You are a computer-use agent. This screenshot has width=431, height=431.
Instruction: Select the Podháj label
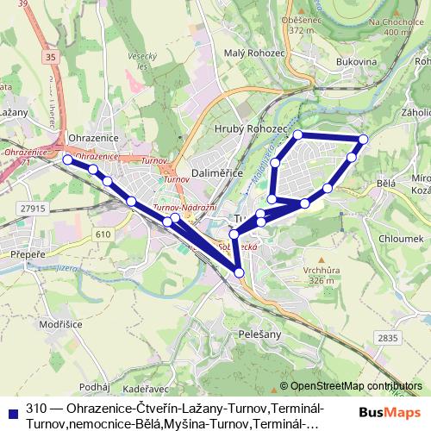(x=92, y=387)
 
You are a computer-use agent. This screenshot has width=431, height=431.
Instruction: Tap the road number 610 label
(x=103, y=234)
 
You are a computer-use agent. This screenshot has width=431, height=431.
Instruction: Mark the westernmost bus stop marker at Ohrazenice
(x=68, y=159)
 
